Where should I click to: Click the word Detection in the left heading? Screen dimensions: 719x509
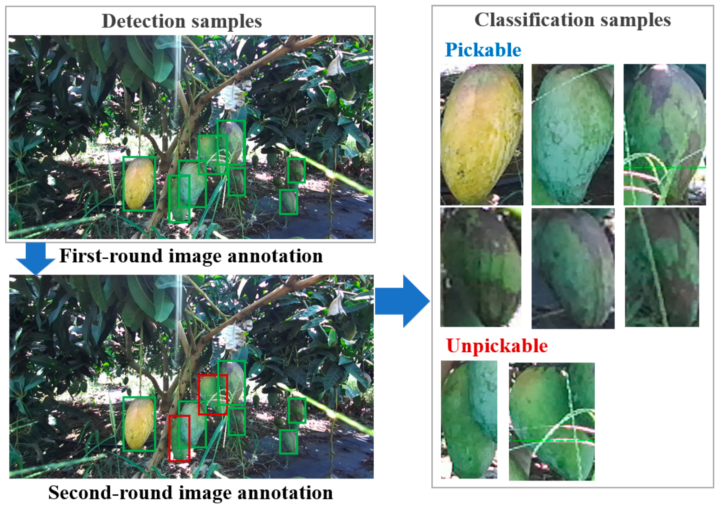point(144,21)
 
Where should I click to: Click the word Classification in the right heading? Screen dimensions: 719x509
point(534,20)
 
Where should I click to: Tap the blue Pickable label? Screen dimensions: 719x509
point(483,50)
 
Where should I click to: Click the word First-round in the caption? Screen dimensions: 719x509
point(111,256)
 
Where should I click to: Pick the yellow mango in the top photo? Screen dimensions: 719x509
point(139,184)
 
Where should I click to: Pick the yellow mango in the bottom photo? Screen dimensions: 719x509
point(139,424)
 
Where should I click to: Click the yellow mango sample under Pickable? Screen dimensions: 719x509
point(482,135)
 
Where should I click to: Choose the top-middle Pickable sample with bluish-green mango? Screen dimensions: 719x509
point(573,135)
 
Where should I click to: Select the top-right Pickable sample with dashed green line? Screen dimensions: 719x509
point(664,135)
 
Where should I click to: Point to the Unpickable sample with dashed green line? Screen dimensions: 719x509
point(551,422)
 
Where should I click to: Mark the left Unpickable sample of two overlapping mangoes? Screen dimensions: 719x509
point(469,420)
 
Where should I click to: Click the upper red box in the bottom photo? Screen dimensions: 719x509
point(212,395)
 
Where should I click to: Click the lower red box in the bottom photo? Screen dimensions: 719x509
point(179,438)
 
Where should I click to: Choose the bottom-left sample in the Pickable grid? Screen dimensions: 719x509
point(481,267)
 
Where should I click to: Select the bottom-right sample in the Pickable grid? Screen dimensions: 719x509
point(662,267)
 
